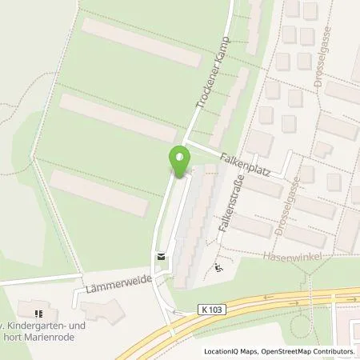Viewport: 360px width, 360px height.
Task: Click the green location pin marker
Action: pyautogui.click(x=181, y=159)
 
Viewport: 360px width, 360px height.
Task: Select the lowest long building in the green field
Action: pyautogui.click(x=99, y=193)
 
